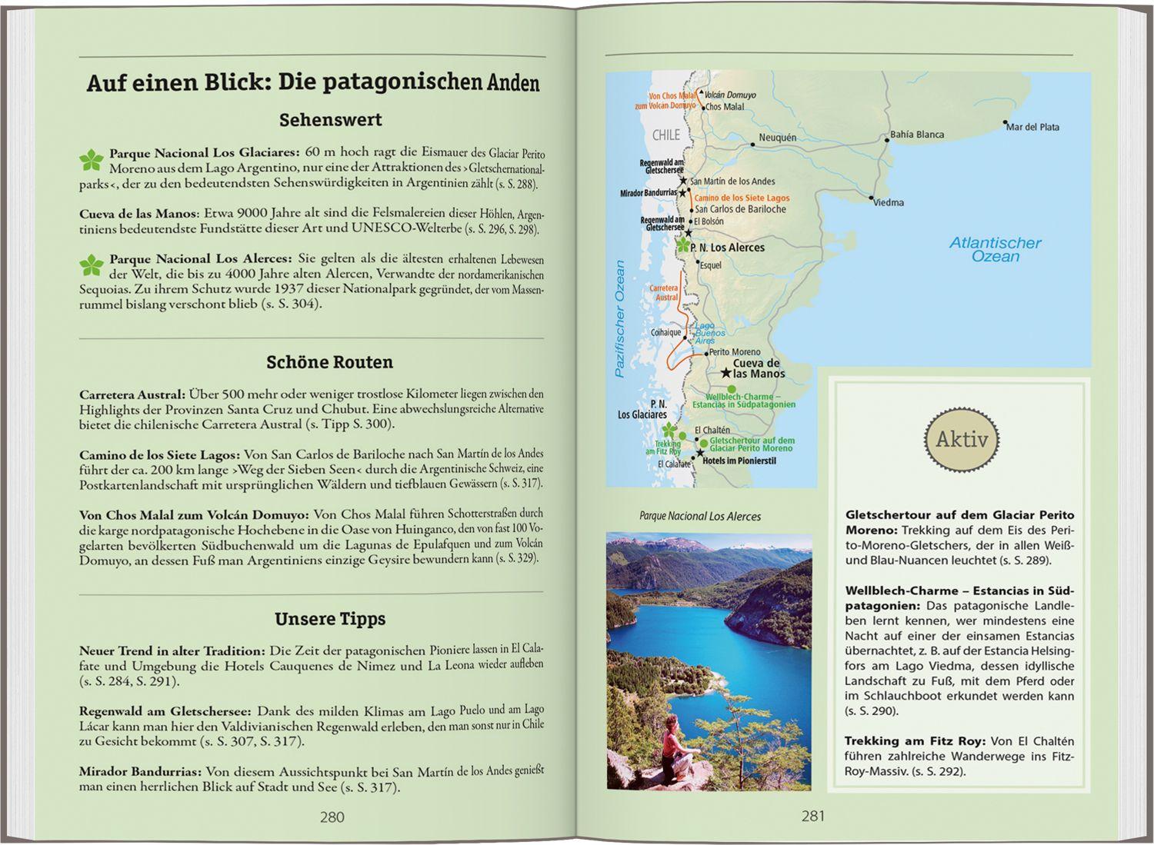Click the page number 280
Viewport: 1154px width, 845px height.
coord(332,817)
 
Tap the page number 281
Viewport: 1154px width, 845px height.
coord(813,817)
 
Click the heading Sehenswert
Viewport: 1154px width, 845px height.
coord(330,120)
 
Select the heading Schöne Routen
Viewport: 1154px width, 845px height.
coord(329,362)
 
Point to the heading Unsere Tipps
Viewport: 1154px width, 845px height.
coord(330,619)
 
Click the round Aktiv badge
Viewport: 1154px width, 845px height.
coord(961,441)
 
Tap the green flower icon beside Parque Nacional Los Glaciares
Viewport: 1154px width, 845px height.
coord(91,160)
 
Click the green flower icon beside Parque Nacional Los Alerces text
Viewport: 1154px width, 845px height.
coord(91,265)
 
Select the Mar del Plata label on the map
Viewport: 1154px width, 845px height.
coord(1033,127)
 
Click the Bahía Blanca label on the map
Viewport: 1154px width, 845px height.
coord(916,135)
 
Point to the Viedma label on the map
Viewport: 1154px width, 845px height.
coord(889,202)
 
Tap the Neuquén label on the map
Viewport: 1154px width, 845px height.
coord(777,138)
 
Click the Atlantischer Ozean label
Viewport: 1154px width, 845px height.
coord(995,249)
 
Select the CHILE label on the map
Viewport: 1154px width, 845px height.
coord(666,135)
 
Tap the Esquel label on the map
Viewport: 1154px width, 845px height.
coord(710,265)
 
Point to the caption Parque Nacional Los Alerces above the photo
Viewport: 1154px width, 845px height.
coord(699,517)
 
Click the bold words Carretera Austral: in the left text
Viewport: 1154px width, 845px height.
coord(132,394)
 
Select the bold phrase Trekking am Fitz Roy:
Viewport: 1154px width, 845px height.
coord(915,741)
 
